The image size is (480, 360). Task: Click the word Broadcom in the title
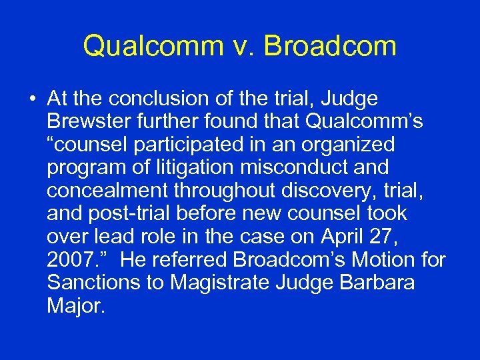[x=330, y=46]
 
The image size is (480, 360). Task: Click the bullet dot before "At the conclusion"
[x=32, y=100]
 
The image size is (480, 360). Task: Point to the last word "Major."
[x=76, y=305]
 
